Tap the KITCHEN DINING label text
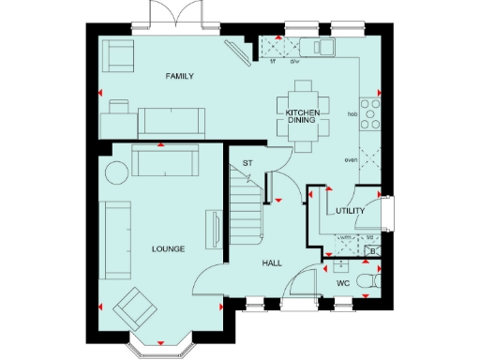tap(303, 116)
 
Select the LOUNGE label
tap(169, 248)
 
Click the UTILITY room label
tap(350, 212)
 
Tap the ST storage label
tap(247, 163)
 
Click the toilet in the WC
tap(375, 281)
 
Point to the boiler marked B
tap(372, 250)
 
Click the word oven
tap(352, 160)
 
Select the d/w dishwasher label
tap(294, 62)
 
